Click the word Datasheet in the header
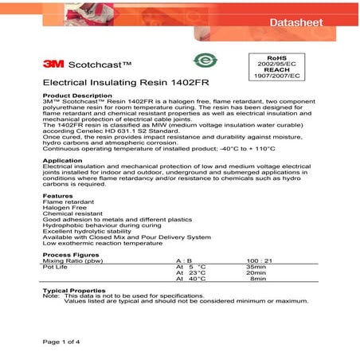pos(295,22)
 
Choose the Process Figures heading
pos(69,254)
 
